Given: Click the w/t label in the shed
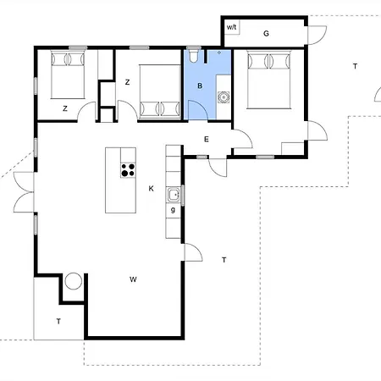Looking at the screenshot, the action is coord(231,27).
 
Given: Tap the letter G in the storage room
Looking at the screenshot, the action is coord(266,34).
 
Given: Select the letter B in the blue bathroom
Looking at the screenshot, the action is coord(200,86).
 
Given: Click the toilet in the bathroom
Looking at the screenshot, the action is coord(194,56).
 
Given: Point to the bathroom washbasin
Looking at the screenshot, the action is coord(224,97).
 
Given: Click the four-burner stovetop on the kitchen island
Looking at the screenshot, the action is coord(128,170).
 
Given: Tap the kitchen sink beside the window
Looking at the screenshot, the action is coord(174,195).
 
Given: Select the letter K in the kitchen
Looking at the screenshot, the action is coord(151,189).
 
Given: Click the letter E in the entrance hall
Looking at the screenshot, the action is coord(207,139).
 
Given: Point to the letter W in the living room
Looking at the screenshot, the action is coord(133,279).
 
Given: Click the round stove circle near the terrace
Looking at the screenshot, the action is coord(74,281).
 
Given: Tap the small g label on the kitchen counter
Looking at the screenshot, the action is coord(173,210).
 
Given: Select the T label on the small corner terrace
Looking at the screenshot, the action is coord(58,321).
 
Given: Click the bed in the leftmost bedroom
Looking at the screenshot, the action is coord(68,75).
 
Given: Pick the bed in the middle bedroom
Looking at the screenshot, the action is coord(160,91).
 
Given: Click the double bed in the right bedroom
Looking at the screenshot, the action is coord(268,80).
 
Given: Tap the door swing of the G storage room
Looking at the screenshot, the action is coord(317,36).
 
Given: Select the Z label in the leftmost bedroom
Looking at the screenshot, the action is coord(65,108).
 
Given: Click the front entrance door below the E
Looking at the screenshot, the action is coord(218,168).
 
